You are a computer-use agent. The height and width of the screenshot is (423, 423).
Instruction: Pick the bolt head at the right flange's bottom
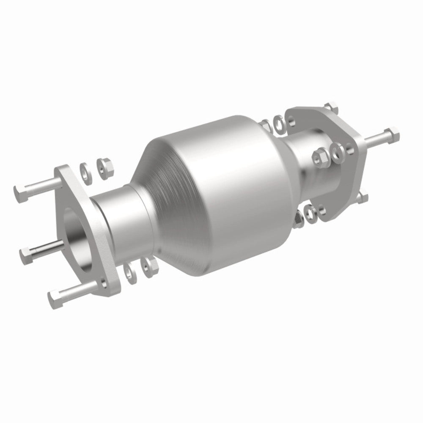[363, 198]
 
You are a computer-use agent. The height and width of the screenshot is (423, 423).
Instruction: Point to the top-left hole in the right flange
[292, 121]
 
